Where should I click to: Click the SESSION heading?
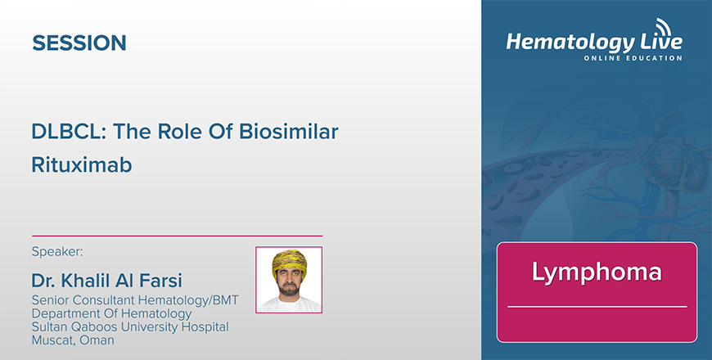[x=79, y=43]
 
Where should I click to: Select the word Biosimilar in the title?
[x=289, y=132]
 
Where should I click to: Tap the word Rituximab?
[x=81, y=164]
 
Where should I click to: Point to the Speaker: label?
[x=57, y=251]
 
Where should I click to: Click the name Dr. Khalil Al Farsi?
[x=106, y=281]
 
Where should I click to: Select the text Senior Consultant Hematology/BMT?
[x=135, y=300]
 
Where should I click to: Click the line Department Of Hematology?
[x=111, y=313]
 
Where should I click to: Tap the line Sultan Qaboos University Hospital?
[x=130, y=326]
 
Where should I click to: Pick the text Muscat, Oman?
[x=73, y=340]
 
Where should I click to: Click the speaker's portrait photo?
[x=289, y=280]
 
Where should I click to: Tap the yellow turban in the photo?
[x=289, y=263]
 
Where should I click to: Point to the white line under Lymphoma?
[x=597, y=307]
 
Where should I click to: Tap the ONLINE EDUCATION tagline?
[x=633, y=58]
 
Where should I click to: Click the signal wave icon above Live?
[x=663, y=26]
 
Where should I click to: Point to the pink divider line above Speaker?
[x=177, y=236]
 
